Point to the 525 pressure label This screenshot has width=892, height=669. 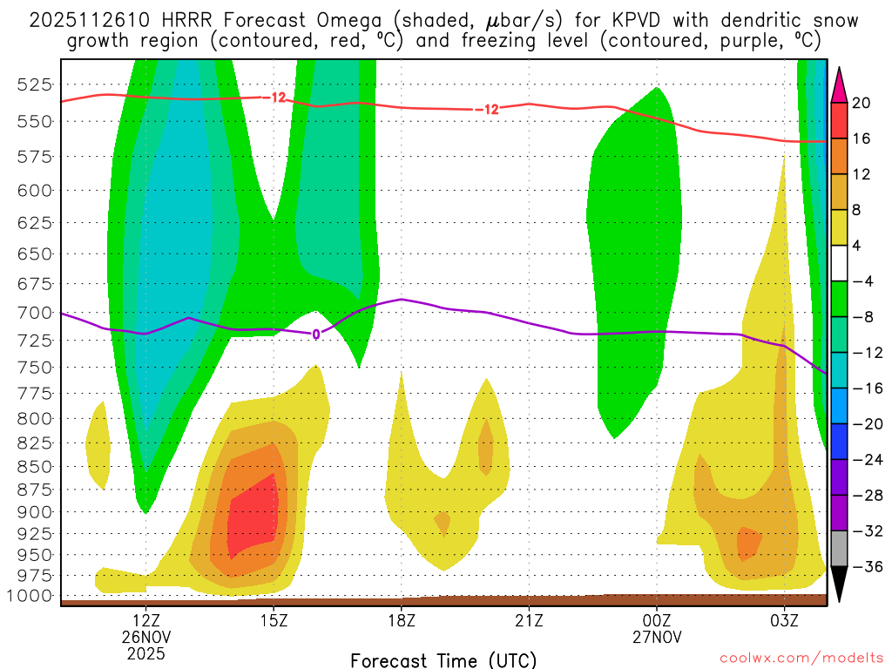[x=36, y=84]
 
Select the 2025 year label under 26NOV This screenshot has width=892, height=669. [x=145, y=652]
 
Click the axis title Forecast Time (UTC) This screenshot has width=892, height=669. [x=443, y=659]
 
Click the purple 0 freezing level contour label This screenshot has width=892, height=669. [x=316, y=334]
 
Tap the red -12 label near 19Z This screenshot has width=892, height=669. [x=488, y=110]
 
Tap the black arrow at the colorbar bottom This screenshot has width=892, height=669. [x=839, y=585]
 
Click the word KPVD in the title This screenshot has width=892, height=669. [x=560, y=20]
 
